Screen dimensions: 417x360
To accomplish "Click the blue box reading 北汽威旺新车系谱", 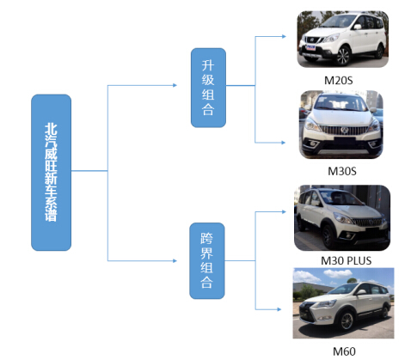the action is tap(51, 173).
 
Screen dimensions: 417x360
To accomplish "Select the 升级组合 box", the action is tap(208, 88).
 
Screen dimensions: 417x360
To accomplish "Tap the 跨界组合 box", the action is tap(207, 261).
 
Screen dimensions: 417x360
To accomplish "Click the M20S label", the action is tap(338, 81).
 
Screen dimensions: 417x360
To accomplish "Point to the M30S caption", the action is tap(342, 171).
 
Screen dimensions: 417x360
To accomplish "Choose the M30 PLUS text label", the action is tap(346, 260).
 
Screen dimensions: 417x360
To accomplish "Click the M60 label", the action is tap(344, 351).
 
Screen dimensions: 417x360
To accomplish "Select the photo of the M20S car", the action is tap(343, 40).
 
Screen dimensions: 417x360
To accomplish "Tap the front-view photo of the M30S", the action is tap(341, 125).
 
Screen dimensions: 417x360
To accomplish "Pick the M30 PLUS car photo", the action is tap(342, 217).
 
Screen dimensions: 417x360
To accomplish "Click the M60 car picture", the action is tap(343, 303).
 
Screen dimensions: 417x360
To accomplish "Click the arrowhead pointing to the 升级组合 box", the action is tap(175, 85).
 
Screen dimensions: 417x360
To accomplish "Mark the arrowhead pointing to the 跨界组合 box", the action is tap(175, 260).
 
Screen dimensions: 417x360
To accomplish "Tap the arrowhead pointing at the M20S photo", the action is tap(284, 36).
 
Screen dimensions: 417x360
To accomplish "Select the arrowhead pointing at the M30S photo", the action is tap(283, 143).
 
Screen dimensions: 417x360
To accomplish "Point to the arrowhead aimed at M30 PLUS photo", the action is tap(284, 211).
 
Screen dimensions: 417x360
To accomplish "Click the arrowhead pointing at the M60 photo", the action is tap(279, 309).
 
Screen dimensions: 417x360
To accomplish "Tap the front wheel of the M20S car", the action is tap(343, 56).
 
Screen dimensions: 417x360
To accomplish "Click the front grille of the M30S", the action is tap(344, 131).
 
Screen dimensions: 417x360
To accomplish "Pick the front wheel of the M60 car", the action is tap(346, 320).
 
